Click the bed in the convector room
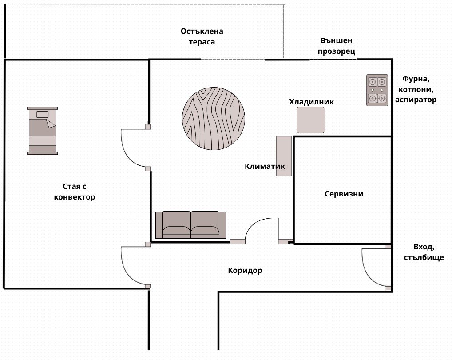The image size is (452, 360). point(42,131)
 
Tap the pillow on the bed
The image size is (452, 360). point(42,115)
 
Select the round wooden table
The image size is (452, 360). point(214,119)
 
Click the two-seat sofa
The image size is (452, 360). point(190,225)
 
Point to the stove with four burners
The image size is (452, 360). point(377,90)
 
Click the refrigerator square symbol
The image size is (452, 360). point(311,120)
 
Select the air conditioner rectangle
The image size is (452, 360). point(284,156)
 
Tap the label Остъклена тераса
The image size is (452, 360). point(202,36)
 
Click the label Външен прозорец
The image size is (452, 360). point(337,46)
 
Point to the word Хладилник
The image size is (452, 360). point(311,102)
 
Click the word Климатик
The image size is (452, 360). point(265,166)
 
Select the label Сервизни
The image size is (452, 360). point(344,194)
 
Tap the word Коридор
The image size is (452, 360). point(245,271)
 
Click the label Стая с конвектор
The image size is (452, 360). point(75,192)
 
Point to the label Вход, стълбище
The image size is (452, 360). point(424,252)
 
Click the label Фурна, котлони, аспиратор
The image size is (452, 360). point(416,89)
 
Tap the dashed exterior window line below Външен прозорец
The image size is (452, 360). point(333,60)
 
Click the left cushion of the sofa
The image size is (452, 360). point(176,225)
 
